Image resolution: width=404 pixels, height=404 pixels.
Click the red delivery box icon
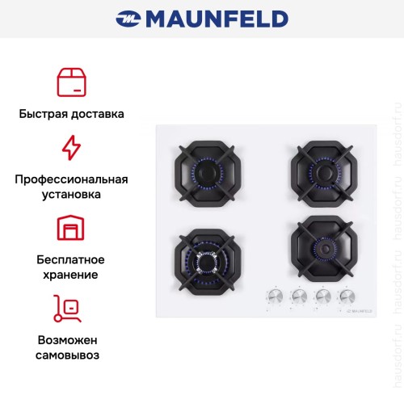tap(71, 82)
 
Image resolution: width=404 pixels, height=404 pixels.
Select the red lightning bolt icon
tap(71, 148)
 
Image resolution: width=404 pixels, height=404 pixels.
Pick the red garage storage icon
tap(71, 228)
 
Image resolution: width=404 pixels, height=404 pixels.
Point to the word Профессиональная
tap(71, 179)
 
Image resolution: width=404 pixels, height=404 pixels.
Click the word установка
tap(71, 195)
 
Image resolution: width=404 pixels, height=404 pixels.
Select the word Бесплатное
tap(71, 259)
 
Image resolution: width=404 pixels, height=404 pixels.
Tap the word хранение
tap(71, 275)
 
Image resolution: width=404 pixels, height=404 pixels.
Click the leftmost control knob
tap(271, 296)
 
